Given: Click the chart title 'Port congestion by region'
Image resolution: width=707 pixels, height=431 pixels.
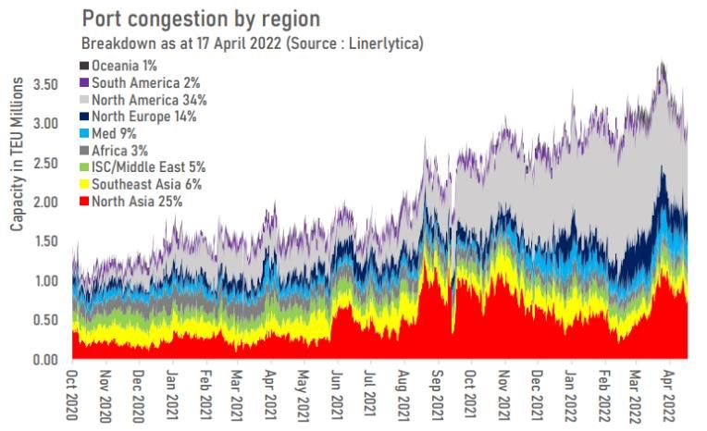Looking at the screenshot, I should coord(203,19).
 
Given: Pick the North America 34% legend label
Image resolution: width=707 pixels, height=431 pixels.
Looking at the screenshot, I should coord(149,100).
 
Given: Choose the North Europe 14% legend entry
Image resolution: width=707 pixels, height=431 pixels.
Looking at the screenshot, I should coord(144,117).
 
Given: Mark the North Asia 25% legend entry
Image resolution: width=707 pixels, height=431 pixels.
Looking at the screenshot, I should coord(137,200).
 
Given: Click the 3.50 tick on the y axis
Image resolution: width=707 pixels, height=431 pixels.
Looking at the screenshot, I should coord(47,84).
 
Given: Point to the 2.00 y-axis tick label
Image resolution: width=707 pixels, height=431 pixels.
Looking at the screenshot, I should coord(47,202).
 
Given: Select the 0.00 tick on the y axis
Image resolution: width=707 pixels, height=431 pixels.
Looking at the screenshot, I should coord(47,359).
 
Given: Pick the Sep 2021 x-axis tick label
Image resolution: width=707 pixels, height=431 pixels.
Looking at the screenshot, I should coord(433,397).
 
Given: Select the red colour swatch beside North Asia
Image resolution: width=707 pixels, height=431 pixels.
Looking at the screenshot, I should coord(85,201).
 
